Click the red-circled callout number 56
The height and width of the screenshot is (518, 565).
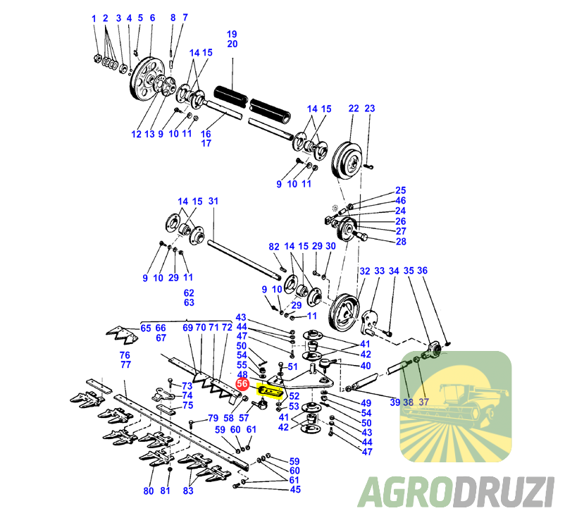tap(242, 384)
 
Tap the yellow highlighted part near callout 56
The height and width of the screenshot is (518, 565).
tap(271, 390)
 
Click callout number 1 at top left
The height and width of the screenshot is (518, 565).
tap(94, 18)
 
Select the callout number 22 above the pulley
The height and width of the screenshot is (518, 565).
tap(354, 109)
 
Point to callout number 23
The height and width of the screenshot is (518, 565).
tap(370, 109)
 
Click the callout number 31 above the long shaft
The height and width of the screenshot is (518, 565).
tap(213, 202)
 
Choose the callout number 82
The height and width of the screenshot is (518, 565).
tap(274, 247)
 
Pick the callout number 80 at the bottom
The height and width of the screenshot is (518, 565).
tap(149, 491)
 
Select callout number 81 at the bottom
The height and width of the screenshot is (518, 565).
tap(166, 491)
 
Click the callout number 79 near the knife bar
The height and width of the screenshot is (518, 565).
tap(212, 419)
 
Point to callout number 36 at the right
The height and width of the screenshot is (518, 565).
tap(423, 271)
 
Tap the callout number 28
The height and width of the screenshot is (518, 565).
tap(401, 242)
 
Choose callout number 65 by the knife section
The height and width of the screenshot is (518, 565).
tap(146, 328)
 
